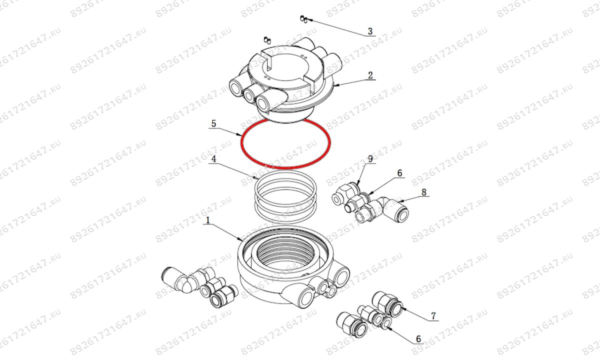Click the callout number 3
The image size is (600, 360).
tap(370, 31)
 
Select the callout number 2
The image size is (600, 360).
tap(370, 75)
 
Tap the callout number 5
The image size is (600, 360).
tap(213, 123)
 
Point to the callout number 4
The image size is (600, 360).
tap(213, 159)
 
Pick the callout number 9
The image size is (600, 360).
tap(370, 159)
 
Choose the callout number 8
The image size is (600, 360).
tap(424, 191)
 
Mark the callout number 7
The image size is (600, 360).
tap(433, 316)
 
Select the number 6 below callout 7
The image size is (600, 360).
tap(418, 338)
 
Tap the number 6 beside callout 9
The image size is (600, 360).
tap(399, 173)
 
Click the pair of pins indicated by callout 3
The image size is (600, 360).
tap(302, 19)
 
